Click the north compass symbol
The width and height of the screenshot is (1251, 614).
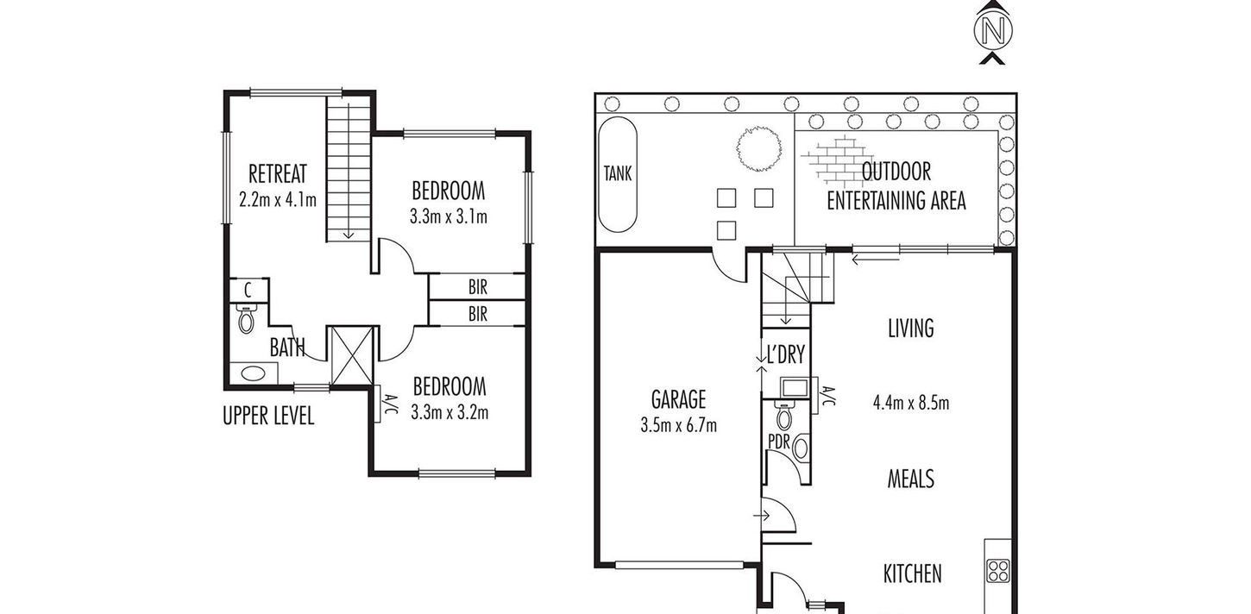(x=994, y=31)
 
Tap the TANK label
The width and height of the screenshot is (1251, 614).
(x=617, y=173)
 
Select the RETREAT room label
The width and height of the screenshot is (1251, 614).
(x=278, y=173)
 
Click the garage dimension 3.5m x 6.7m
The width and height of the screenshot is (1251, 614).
(x=678, y=425)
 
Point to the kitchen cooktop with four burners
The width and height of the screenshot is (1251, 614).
(x=997, y=571)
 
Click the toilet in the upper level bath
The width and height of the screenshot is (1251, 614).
(x=246, y=318)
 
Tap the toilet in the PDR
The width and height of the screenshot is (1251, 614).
(x=784, y=414)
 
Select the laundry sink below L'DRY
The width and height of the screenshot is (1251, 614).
(x=794, y=387)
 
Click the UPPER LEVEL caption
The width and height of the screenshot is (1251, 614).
(x=268, y=416)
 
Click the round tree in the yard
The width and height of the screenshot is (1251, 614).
(x=758, y=148)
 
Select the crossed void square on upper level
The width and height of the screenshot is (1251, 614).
(x=352, y=355)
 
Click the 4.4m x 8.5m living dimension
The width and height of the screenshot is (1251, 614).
(x=911, y=403)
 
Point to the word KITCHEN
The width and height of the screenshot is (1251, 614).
(x=912, y=573)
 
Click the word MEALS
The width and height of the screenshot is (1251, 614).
(x=911, y=479)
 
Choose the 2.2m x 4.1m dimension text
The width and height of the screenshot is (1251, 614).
(x=278, y=199)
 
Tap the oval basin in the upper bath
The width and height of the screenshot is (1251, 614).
(x=254, y=373)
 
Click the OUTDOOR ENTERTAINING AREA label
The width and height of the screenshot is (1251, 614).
(x=896, y=186)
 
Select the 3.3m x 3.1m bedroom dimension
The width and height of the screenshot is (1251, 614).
(x=449, y=216)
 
